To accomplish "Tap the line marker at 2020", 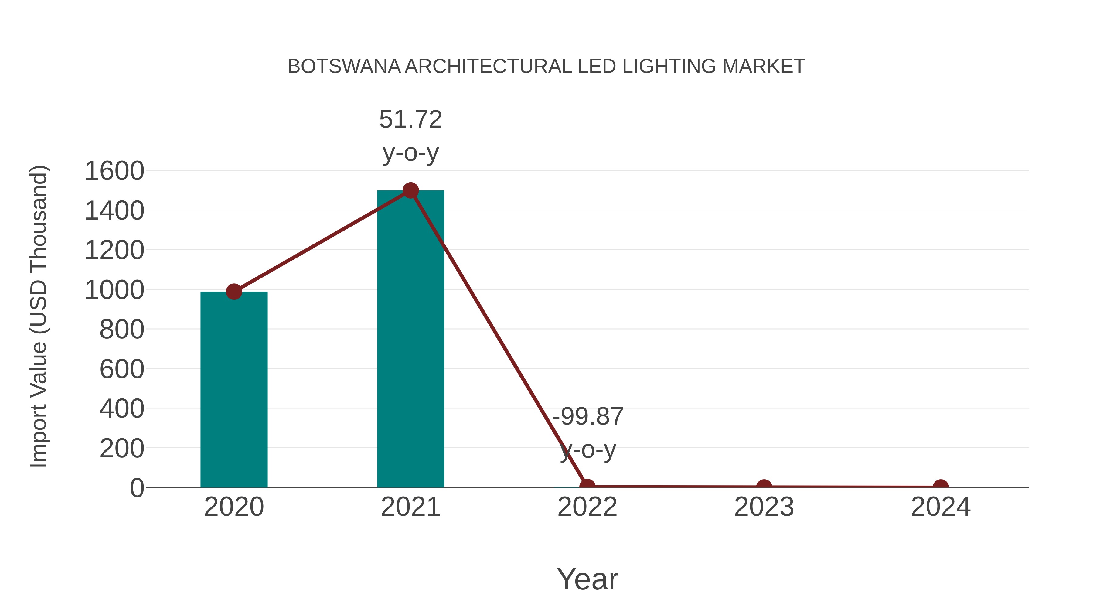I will (x=234, y=292).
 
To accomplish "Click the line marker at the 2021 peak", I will (x=410, y=190).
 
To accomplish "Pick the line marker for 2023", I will (x=764, y=487).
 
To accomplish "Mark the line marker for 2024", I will (x=941, y=487).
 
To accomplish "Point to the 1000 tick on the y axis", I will (x=114, y=290).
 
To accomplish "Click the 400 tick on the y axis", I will (x=122, y=409).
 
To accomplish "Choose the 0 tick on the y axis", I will (x=137, y=488).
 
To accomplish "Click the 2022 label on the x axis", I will (x=587, y=507).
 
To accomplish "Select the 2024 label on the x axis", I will (x=941, y=507).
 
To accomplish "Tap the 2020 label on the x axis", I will (x=234, y=507).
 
